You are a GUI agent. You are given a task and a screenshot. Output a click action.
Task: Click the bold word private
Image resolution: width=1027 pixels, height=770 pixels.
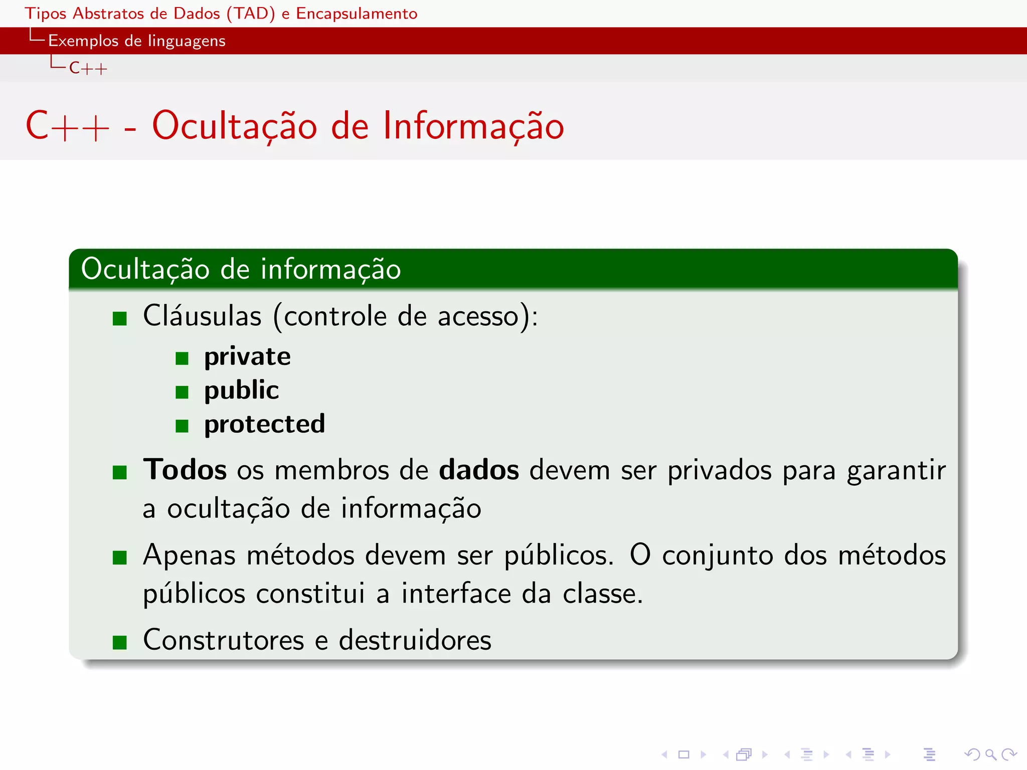point(247,357)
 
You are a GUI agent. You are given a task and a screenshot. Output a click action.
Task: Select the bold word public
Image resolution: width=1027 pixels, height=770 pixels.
point(241,391)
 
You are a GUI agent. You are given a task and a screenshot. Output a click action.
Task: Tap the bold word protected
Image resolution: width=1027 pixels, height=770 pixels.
point(264,424)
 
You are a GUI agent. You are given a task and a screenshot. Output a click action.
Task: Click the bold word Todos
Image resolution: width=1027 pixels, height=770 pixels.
point(185,470)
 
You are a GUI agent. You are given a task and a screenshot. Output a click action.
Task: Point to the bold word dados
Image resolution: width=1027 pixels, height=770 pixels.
point(479,470)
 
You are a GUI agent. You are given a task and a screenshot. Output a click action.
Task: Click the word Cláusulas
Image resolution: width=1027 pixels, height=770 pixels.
point(202,316)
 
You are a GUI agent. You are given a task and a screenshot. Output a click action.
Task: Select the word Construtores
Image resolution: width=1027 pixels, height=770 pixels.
point(224,640)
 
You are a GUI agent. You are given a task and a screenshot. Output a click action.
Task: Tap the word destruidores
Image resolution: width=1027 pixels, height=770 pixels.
point(415,640)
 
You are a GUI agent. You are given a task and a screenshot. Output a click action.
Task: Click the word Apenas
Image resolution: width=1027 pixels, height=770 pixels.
point(189,555)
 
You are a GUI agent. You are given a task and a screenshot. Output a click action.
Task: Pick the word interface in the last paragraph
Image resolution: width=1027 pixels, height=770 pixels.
point(456,594)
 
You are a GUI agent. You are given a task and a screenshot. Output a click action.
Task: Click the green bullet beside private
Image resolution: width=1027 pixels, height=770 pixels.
point(182,358)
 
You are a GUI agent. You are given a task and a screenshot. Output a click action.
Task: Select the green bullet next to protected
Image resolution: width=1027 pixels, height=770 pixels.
point(182,426)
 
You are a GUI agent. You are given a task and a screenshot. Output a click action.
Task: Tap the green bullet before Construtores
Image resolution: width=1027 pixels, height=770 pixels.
point(120,642)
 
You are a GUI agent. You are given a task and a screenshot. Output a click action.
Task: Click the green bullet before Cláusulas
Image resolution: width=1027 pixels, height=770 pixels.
point(120,318)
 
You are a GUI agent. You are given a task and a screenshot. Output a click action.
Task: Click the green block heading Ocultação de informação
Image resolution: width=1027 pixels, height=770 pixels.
point(241,269)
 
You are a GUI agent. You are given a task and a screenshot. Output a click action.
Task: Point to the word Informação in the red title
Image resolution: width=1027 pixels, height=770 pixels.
point(473,126)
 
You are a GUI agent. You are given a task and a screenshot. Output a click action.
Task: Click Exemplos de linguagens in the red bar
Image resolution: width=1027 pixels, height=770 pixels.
point(136,41)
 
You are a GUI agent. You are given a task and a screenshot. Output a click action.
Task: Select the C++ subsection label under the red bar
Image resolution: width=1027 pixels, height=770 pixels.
point(88,68)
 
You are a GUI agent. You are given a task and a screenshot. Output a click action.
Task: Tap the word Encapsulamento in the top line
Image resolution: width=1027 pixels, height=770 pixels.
point(357,14)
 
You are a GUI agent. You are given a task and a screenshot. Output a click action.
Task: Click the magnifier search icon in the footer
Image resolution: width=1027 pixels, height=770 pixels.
point(990,754)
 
